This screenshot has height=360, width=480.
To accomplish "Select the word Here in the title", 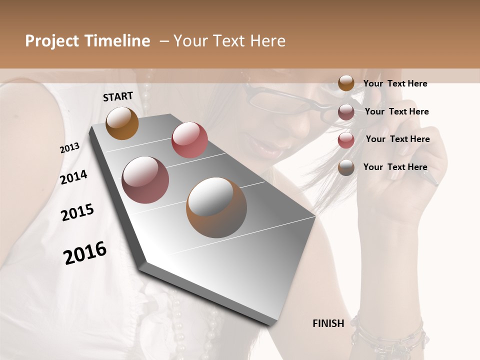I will tap(267, 41).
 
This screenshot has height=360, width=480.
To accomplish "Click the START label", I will tap(118, 96).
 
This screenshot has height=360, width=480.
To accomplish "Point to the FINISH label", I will tap(328, 323).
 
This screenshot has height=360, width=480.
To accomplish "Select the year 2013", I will tap(69, 148).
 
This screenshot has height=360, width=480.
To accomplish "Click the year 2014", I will tap(73, 177).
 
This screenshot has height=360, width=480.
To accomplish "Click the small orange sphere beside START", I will tap(122, 123).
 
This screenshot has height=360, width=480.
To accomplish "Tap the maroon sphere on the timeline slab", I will tap(145, 180).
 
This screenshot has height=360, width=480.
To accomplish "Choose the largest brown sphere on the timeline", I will tap(216, 207).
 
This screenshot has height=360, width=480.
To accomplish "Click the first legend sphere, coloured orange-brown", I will tap(346, 83).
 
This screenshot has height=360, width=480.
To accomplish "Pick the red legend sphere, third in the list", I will tap(346, 140).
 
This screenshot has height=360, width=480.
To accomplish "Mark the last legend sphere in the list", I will tap(346, 168).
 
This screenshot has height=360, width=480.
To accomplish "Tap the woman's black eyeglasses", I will tap(280, 100).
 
